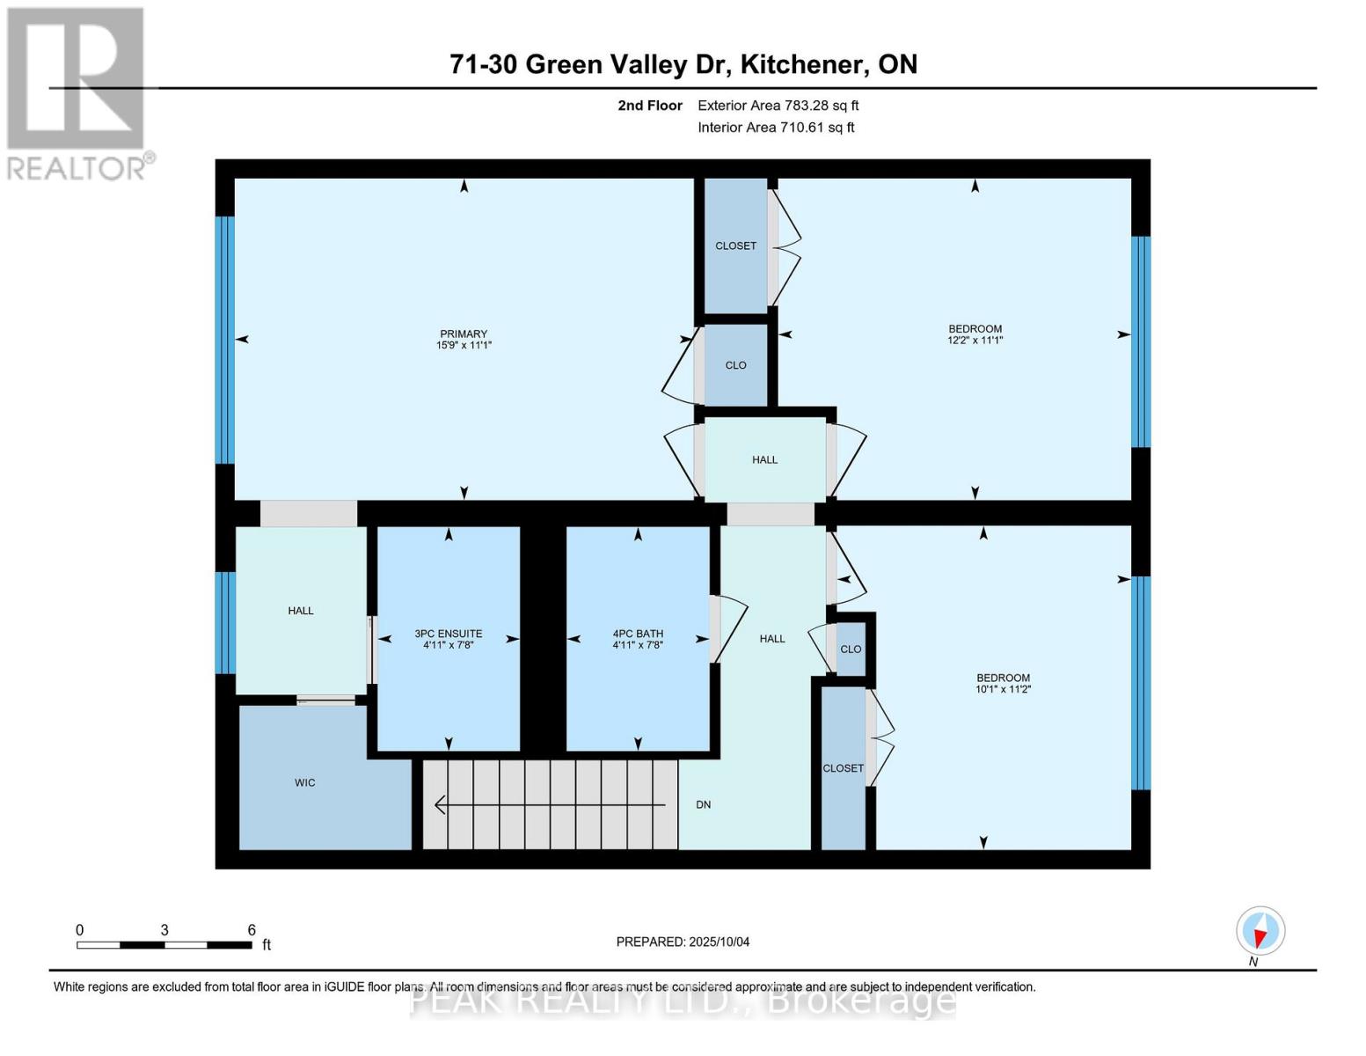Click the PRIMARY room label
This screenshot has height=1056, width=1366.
tap(464, 334)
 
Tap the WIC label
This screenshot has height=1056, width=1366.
tap(304, 782)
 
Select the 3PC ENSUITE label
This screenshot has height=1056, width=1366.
tap(448, 634)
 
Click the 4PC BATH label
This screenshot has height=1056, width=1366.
tap(638, 634)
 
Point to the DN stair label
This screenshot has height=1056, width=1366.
tap(703, 804)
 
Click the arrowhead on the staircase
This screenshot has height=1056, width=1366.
tap(440, 804)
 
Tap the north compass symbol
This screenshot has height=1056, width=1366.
tap(1260, 930)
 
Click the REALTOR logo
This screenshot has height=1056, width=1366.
tap(77, 92)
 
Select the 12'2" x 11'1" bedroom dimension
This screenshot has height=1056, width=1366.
tap(975, 340)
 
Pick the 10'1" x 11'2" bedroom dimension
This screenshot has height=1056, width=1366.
tap(1003, 689)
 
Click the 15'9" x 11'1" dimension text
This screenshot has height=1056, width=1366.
tap(464, 345)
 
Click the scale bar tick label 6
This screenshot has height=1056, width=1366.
tap(252, 930)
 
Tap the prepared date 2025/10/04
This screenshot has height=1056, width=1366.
tap(719, 942)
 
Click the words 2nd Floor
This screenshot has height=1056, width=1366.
tap(650, 106)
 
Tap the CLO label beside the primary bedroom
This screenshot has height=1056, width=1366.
tap(735, 365)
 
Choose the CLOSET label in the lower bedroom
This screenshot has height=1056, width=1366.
tap(843, 768)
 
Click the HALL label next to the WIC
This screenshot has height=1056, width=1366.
tap(301, 611)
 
